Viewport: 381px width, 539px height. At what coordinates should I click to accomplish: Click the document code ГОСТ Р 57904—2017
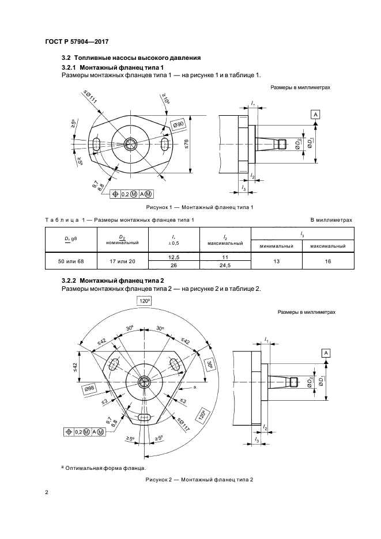77,41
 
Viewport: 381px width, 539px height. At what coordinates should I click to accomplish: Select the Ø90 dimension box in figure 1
179,124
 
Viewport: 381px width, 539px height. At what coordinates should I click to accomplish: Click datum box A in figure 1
316,115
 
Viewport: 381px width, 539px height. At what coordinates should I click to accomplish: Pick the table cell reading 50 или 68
71,261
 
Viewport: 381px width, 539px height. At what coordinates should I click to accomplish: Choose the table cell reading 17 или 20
123,261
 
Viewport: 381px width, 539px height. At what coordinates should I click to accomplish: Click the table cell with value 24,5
225,265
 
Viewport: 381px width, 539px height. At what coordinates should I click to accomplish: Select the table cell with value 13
276,261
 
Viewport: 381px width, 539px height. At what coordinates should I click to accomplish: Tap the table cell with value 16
328,261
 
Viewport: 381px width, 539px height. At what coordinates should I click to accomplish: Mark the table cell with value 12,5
174,257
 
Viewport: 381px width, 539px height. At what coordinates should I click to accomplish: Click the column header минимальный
276,246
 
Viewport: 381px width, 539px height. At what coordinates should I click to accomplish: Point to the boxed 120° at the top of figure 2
145,301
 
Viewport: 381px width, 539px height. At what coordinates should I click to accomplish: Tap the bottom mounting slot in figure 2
145,417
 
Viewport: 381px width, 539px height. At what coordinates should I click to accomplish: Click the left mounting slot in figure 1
97,144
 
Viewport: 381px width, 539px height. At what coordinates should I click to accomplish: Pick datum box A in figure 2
326,353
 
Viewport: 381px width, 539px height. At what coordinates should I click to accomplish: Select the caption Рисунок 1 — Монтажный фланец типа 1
199,207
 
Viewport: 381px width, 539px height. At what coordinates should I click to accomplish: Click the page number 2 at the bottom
47,492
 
